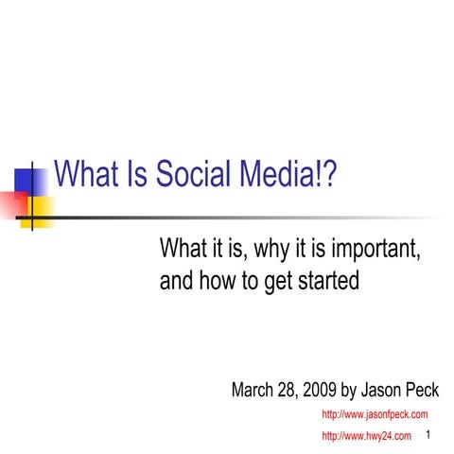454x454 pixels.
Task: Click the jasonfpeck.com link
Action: click(x=375, y=414)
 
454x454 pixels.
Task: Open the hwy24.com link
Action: click(x=367, y=436)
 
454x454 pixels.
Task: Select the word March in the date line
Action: click(x=256, y=391)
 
